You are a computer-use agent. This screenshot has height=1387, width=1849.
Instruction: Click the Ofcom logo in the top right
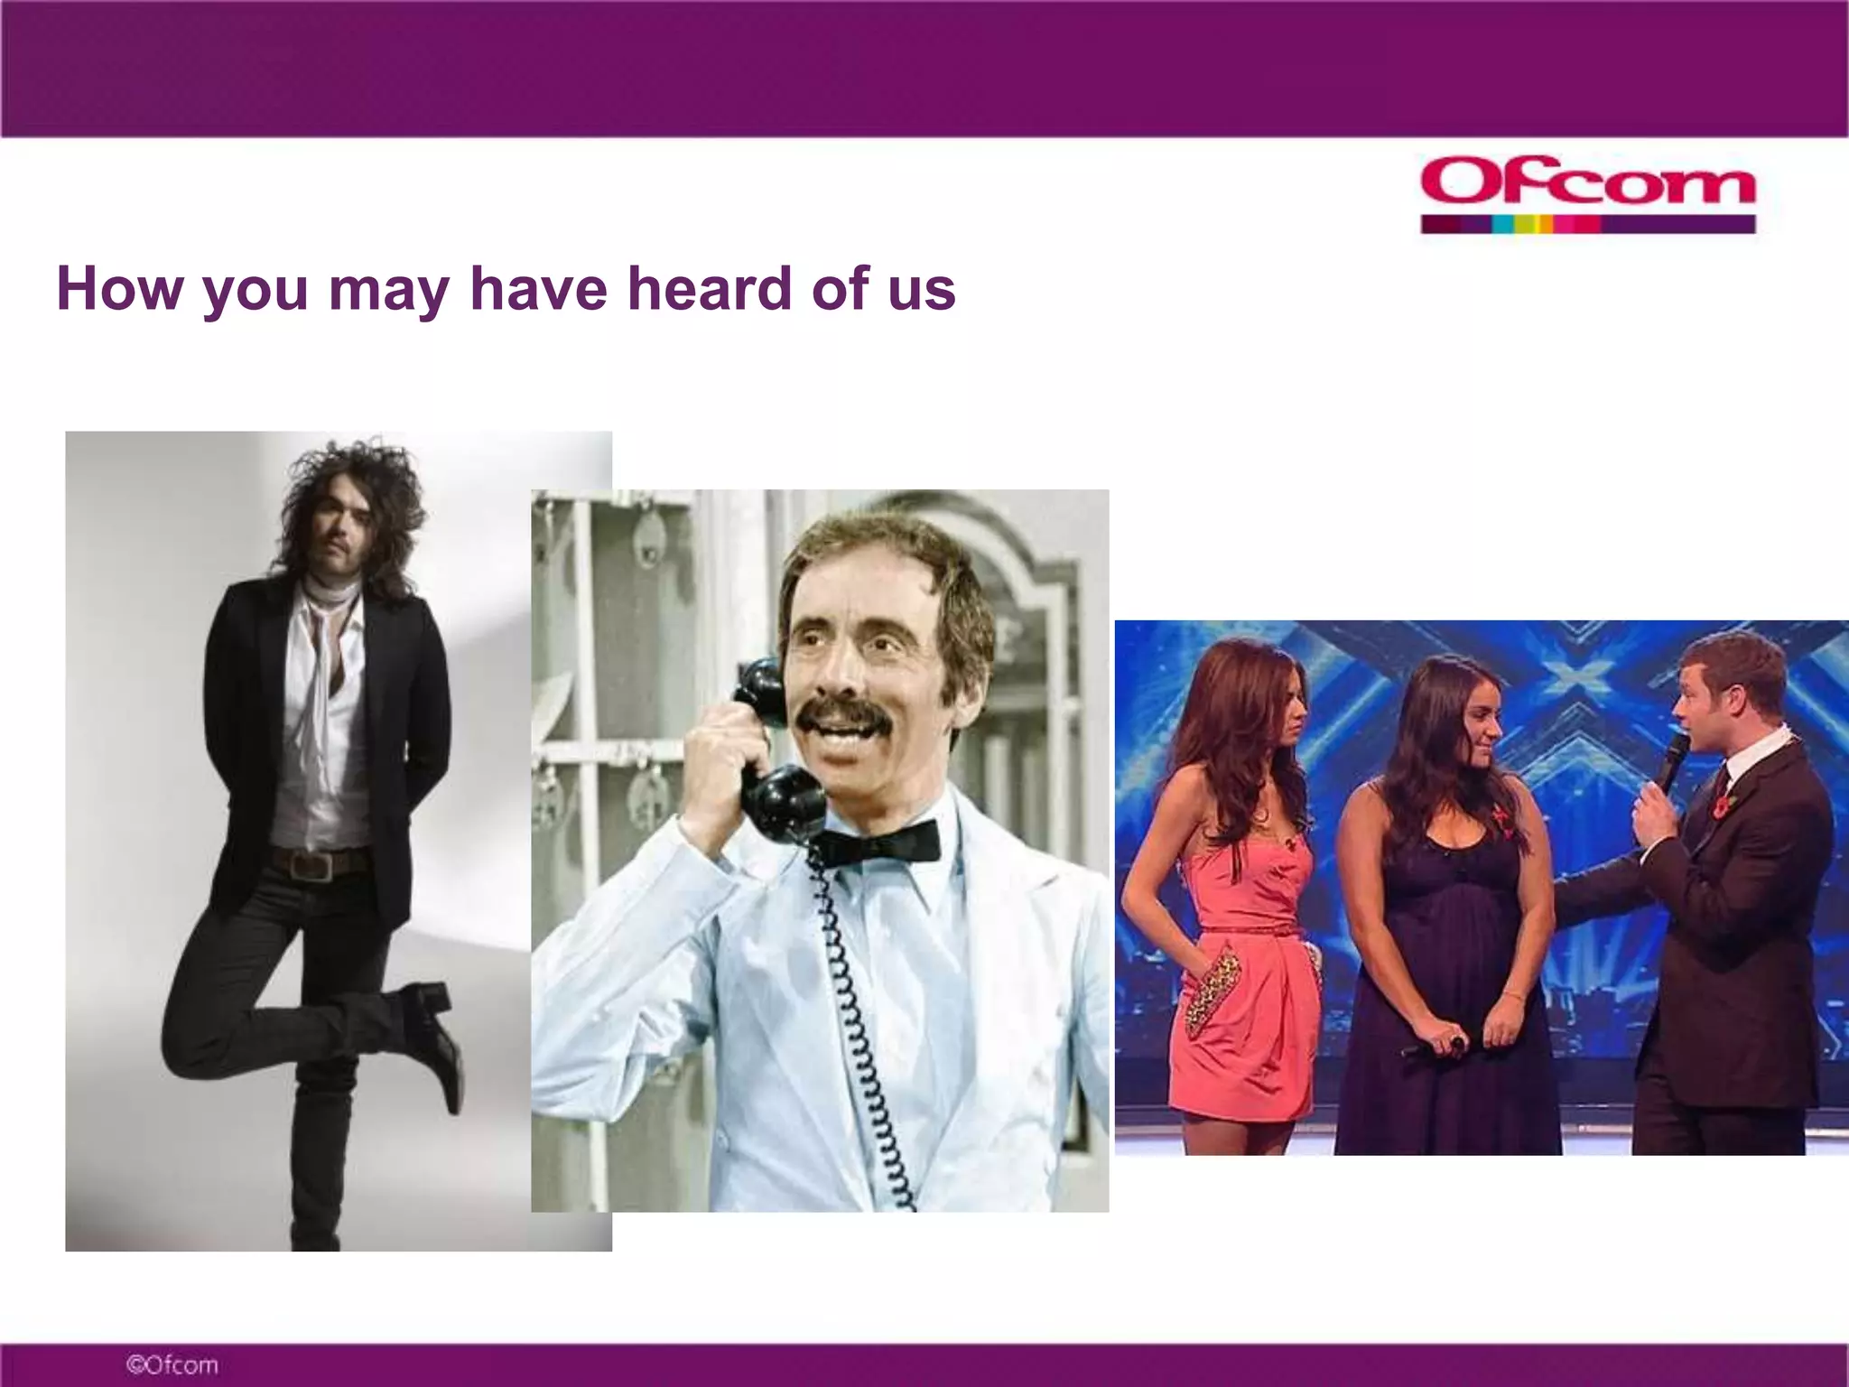(x=1587, y=183)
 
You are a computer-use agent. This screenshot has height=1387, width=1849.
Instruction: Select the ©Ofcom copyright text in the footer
(x=172, y=1364)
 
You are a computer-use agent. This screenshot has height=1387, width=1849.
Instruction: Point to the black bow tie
(x=880, y=844)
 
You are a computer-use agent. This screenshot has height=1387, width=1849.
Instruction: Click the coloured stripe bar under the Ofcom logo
(x=1587, y=224)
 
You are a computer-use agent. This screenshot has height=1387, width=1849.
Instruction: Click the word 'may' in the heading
(x=388, y=291)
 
